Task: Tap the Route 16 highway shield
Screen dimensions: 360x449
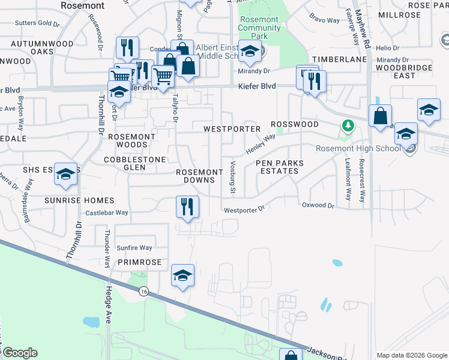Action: pos(143,292)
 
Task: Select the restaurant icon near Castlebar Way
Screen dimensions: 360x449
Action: pos(187,207)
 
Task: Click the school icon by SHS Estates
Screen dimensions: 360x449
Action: pos(65,174)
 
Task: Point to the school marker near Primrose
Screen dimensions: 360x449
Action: pos(182,275)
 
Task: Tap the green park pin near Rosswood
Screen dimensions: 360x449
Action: pos(347,125)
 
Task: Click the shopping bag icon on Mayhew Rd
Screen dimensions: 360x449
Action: pos(381,116)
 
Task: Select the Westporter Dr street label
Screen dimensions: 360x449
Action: pos(244,210)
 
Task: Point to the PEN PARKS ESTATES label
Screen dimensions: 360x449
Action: pos(280,167)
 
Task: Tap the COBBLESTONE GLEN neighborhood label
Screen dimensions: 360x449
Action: pos(133,163)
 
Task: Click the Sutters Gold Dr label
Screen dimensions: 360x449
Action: pos(38,24)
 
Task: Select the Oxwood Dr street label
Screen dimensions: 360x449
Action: pos(318,205)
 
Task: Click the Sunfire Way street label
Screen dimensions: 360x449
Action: pos(134,247)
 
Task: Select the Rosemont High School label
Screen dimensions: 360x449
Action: pos(358,149)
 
